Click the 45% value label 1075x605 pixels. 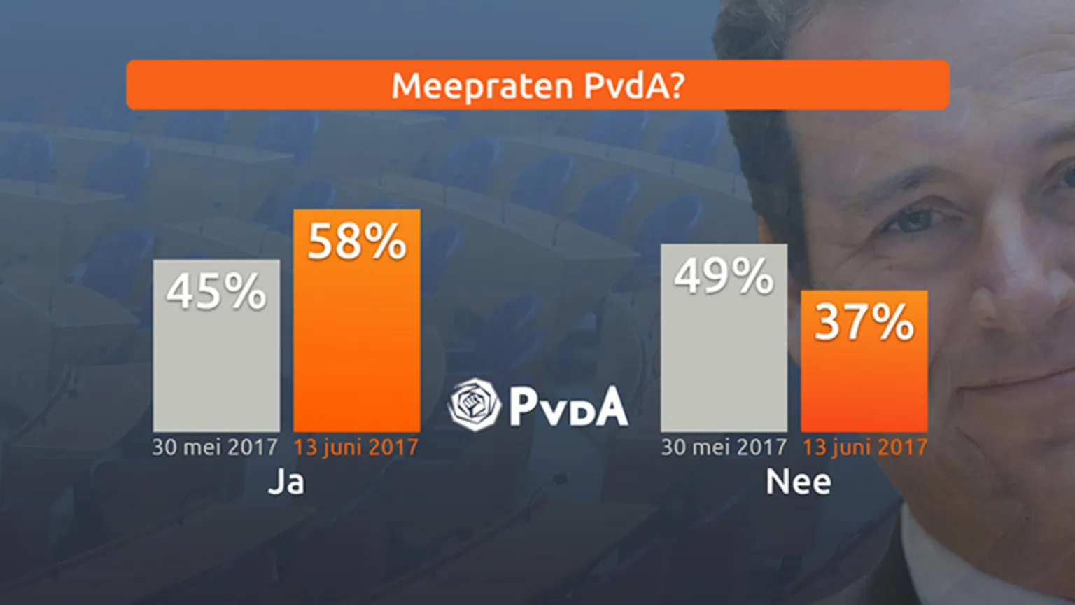(x=216, y=291)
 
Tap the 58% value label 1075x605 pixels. (x=357, y=242)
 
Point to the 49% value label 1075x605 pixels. (x=724, y=276)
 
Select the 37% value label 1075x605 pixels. (x=864, y=323)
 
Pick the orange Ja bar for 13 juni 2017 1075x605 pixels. (x=357, y=350)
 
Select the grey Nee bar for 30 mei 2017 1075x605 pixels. (x=724, y=364)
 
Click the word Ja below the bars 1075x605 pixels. (x=286, y=482)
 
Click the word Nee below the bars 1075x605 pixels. (x=799, y=482)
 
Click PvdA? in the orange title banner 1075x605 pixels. (x=634, y=86)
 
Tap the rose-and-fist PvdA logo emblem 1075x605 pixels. (x=475, y=405)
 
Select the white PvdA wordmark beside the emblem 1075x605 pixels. (x=568, y=406)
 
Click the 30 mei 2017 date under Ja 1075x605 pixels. (x=216, y=447)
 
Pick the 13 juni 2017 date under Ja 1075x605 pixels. (x=356, y=447)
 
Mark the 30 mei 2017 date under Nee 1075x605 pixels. (x=724, y=447)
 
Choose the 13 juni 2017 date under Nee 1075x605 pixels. (x=865, y=447)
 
